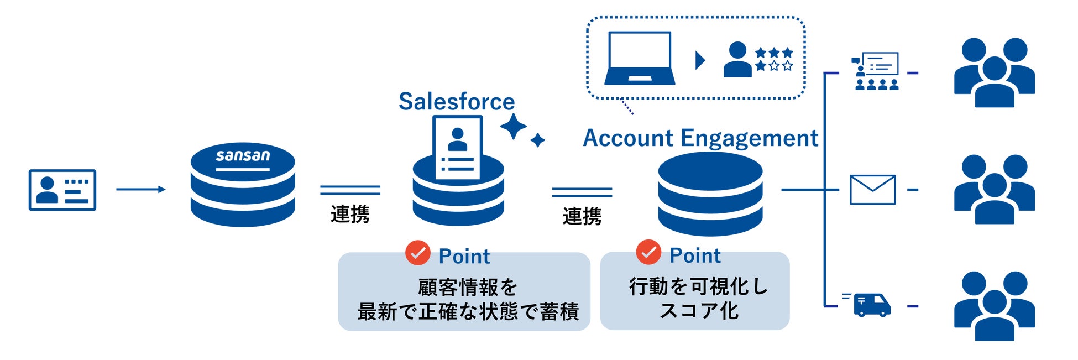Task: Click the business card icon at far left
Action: coord(62,190)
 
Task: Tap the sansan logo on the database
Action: coord(243,156)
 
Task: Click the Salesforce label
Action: coord(457,101)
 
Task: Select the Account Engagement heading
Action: coord(700,138)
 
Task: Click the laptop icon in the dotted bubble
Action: coord(640,58)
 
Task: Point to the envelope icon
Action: coord(872,190)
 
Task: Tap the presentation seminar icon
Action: coord(876,71)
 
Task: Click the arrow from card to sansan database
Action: coord(141,189)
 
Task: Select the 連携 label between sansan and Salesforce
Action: coord(350,214)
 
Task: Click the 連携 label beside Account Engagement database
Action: coord(582,216)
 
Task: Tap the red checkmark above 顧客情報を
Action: coord(418,253)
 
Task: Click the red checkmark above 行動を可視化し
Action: coord(648,252)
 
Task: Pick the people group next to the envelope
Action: coord(995,189)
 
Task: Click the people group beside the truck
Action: coord(995,306)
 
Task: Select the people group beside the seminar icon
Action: coord(995,72)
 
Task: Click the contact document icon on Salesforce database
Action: coord(458,148)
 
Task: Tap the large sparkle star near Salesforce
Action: coord(514,127)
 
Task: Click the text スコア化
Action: coord(699,311)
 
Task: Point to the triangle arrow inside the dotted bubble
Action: coord(700,60)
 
